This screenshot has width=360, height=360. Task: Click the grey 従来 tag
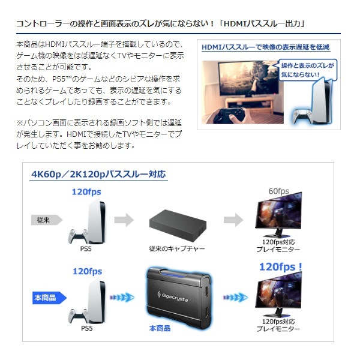point(47,220)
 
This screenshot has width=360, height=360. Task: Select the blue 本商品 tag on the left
point(49,298)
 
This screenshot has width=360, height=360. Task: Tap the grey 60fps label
point(278,191)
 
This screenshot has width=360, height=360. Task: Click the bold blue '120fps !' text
point(280,267)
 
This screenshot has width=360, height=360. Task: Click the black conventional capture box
point(178,226)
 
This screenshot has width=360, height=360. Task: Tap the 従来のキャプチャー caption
point(177,248)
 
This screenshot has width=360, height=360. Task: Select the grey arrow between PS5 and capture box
point(124,220)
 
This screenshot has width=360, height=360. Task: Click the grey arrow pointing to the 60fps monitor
point(233,220)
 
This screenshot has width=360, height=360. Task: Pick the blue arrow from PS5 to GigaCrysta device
point(122,298)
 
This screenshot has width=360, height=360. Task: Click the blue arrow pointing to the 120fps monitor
point(235,298)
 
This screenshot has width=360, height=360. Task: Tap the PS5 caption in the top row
point(86,248)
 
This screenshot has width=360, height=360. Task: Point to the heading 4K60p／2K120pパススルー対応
point(98,174)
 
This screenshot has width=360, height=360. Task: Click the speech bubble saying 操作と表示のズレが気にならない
point(307,70)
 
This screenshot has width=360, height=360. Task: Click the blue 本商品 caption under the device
point(160,328)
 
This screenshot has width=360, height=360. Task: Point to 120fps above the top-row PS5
point(86,192)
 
